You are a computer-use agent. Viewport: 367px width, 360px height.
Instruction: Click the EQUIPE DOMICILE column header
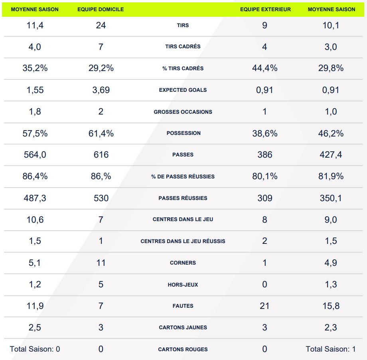pos(101,9)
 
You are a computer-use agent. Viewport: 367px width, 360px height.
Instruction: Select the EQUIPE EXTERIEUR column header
pos(265,9)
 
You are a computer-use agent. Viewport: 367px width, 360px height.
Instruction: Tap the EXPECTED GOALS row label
pos(183,90)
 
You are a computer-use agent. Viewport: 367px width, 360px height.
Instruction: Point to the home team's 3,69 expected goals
pos(101,90)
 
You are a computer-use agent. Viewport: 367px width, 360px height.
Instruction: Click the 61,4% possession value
pos(101,133)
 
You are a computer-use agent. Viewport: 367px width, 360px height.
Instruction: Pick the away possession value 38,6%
pos(265,133)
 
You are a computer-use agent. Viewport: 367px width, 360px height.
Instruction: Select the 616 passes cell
pos(101,155)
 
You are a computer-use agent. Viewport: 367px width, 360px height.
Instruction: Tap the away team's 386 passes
pos(265,155)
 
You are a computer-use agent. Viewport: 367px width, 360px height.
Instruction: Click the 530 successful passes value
pos(101,198)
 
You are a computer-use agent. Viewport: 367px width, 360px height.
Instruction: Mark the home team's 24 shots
pos(101,25)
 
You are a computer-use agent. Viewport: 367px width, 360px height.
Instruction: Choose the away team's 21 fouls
pos(264,306)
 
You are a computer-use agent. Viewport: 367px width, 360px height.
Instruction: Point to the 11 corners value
pos(101,263)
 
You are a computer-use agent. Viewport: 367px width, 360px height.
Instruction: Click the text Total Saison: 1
pos(331,349)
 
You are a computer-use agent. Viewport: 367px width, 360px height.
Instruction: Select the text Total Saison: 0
pos(35,349)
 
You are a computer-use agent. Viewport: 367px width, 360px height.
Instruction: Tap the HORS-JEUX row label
pos(183,285)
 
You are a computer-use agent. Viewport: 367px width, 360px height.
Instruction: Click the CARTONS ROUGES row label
pos(183,349)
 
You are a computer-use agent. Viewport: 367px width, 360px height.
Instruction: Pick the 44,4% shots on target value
pos(265,68)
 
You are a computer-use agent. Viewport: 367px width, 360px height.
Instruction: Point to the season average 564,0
pos(35,155)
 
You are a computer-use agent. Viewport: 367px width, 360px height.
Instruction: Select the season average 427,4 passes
pos(331,155)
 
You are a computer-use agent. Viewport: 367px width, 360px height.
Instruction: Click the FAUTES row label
pos(183,306)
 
